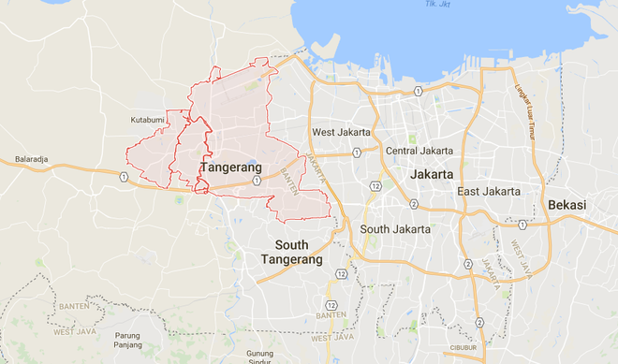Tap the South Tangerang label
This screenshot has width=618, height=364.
(x=292, y=252)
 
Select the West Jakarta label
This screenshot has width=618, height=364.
(x=342, y=132)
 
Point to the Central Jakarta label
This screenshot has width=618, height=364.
(x=419, y=151)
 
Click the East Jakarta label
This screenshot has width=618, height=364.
(x=489, y=191)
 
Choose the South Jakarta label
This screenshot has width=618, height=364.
(x=395, y=228)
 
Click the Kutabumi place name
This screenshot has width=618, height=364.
(x=148, y=121)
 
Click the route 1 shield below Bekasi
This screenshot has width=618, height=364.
(x=522, y=225)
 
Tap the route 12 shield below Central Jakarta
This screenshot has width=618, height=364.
(x=375, y=186)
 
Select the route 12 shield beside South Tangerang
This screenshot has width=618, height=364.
(x=343, y=273)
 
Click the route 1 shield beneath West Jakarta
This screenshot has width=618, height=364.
(x=357, y=153)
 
